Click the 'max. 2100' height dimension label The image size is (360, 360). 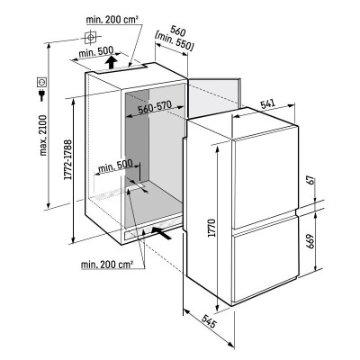[43, 135]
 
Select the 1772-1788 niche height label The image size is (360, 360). [68, 159]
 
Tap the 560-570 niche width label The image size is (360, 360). [155, 107]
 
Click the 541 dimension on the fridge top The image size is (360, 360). [268, 104]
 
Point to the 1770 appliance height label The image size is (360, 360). [212, 229]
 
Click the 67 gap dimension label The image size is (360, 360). [311, 180]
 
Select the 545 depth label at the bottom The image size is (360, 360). [208, 321]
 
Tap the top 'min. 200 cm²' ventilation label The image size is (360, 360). [112, 20]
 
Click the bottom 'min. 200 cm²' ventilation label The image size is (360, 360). [107, 265]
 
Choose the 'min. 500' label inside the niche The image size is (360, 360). [115, 166]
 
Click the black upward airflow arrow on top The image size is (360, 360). [111, 61]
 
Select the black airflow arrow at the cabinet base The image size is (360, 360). [161, 233]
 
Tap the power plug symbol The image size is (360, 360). [41, 95]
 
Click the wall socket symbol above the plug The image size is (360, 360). [41, 82]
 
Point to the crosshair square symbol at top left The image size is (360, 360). [90, 38]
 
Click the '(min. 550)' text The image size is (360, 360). [174, 41]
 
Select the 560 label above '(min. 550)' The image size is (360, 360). [177, 31]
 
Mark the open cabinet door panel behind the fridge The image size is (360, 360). [213, 95]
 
